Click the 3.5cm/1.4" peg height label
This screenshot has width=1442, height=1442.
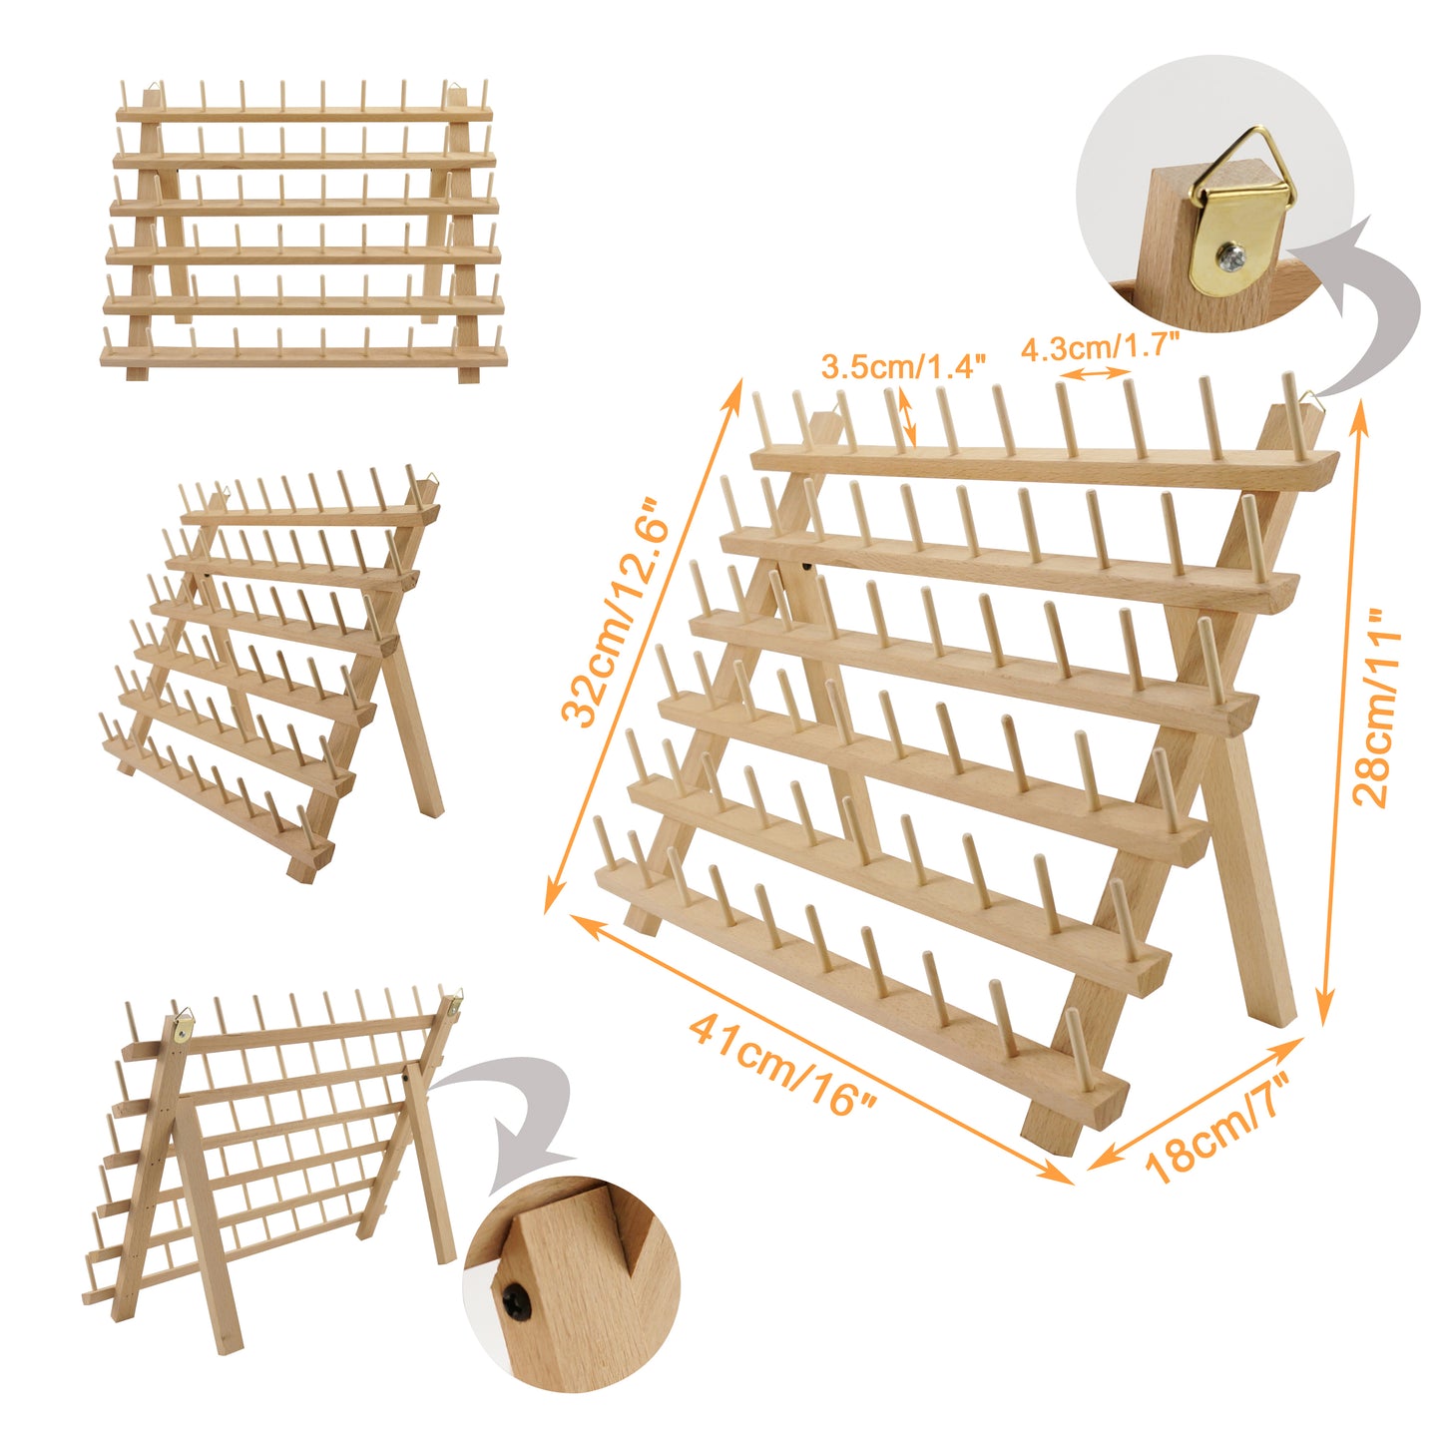click(903, 366)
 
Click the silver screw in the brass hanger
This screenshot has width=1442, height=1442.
click(1228, 257)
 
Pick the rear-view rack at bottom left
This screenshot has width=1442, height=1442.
click(269, 1158)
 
